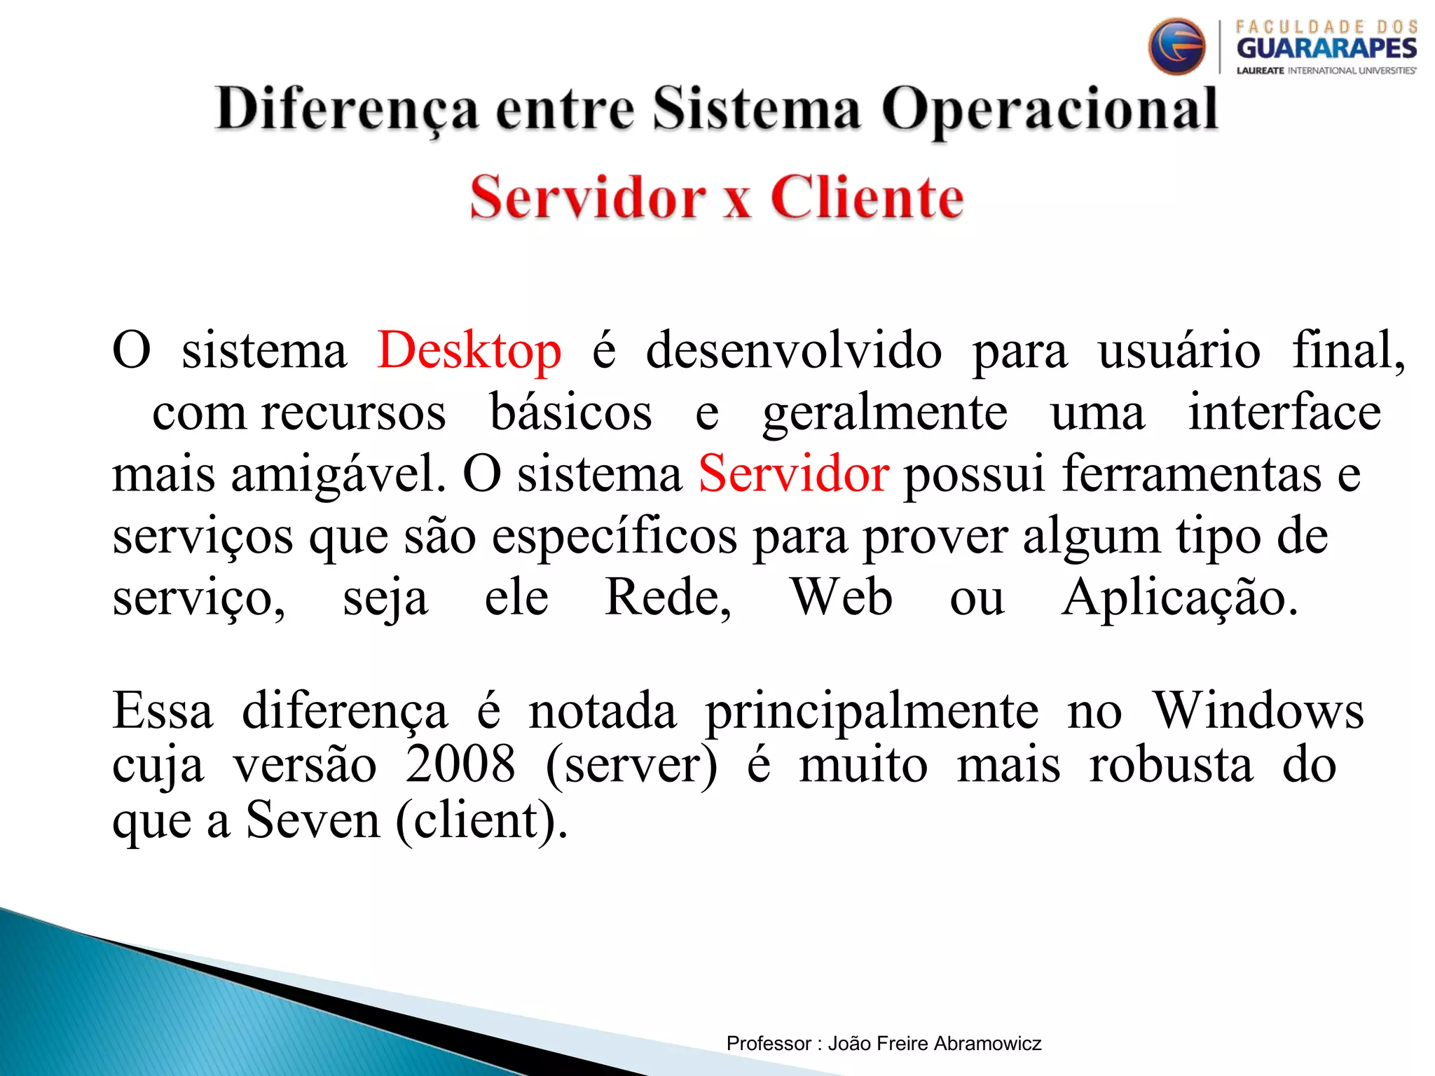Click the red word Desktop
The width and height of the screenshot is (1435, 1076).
469,350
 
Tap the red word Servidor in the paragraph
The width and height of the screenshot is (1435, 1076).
793,474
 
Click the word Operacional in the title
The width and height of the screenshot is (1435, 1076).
1049,110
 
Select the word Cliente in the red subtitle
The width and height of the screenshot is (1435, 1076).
867,198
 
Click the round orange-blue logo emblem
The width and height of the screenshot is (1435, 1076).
1176,47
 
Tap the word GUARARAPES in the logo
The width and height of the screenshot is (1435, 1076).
1326,48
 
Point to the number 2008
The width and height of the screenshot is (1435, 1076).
460,765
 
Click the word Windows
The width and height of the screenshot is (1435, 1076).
1258,711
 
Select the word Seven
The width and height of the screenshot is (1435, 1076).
313,820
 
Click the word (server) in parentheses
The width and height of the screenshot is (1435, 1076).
631,765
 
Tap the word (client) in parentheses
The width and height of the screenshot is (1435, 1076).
481,820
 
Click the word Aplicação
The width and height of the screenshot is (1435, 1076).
1179,598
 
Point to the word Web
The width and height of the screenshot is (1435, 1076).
841,598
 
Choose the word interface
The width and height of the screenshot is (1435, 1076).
1284,412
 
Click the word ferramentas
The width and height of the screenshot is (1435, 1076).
1190,474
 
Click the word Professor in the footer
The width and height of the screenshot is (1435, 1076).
768,1044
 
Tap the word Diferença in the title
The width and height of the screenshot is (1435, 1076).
347,110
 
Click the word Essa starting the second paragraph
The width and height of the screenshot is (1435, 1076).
163,711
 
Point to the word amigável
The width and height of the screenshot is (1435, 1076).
338,474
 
